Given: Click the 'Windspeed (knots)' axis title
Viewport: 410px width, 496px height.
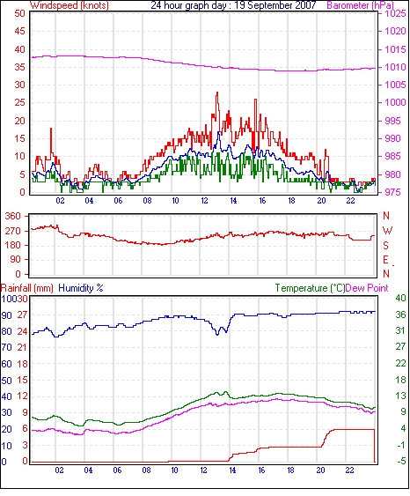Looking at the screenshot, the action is point(70,5).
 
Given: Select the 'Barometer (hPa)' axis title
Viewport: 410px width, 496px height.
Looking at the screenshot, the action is point(361,5).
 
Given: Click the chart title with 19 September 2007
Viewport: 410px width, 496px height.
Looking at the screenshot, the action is point(233,5).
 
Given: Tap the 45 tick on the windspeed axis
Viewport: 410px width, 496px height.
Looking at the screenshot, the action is point(19,31).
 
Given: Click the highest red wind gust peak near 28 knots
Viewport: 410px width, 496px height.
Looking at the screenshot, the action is point(217,93).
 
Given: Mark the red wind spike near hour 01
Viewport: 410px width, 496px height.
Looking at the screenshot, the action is point(51,129).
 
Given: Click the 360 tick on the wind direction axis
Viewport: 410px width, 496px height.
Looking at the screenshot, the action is point(13,217).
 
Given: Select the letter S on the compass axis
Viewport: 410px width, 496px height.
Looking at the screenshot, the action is point(385,246).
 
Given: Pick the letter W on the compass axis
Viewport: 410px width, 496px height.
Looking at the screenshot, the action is point(387,231).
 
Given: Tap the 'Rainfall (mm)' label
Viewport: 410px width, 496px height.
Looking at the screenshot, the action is point(27,288).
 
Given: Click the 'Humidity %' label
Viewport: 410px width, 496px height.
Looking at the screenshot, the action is point(81,288).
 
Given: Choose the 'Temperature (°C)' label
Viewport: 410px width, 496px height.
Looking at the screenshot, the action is point(310,288).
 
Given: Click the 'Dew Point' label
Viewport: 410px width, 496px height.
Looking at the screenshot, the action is point(367,288).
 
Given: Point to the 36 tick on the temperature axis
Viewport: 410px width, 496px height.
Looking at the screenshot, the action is point(400,315).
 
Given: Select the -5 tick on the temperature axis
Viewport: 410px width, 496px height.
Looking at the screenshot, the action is point(400,462).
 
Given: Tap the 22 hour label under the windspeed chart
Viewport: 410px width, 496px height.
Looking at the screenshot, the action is point(351,201).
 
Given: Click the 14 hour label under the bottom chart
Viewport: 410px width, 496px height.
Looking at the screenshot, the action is point(232,470).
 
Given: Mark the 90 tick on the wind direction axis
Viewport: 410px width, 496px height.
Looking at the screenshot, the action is point(16,259).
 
